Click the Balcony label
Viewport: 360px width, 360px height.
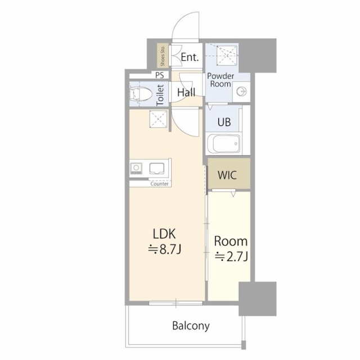(x=191, y=326)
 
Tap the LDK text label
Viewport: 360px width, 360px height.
(x=164, y=234)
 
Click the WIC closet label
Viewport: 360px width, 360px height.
(x=227, y=175)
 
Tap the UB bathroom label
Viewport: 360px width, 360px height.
(x=224, y=122)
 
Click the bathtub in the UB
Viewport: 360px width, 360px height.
(x=223, y=144)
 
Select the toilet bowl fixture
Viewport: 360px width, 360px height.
(x=141, y=94)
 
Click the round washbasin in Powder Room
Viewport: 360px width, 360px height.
(x=241, y=92)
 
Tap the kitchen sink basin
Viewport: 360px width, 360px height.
(x=157, y=169)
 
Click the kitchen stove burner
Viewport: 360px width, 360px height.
(x=136, y=168)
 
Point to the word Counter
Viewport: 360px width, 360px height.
(x=159, y=184)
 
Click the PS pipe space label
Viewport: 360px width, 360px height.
(x=160, y=75)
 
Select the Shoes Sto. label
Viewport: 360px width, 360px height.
(x=163, y=56)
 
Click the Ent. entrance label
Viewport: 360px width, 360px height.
(x=190, y=57)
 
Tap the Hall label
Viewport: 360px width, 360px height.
(x=186, y=92)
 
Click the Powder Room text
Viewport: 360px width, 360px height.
(x=220, y=80)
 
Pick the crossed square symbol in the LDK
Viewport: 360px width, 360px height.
(x=159, y=119)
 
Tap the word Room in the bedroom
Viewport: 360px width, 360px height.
(x=231, y=241)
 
